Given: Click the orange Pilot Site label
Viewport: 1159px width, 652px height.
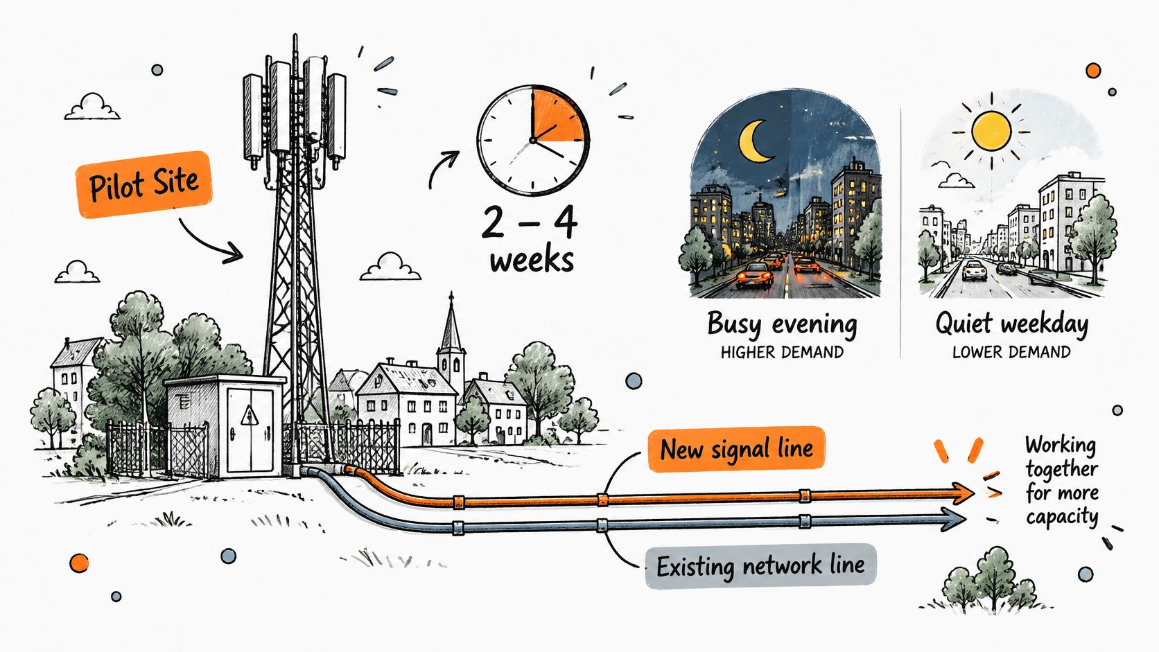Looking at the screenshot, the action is click(x=144, y=184).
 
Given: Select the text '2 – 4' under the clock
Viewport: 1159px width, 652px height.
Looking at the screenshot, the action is click(x=530, y=223).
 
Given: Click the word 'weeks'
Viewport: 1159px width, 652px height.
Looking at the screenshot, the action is click(x=532, y=260).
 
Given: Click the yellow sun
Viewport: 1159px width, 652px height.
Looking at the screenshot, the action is click(x=991, y=131).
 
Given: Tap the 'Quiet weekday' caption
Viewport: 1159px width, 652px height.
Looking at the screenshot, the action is click(x=1011, y=324).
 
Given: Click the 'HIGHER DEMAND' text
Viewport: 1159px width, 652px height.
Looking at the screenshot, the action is click(x=782, y=353).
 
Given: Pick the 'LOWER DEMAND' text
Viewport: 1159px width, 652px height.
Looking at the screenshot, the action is click(x=1011, y=353).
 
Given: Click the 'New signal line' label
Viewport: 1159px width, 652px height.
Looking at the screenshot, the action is click(x=736, y=449).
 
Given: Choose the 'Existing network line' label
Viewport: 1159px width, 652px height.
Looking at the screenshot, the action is click(x=760, y=565).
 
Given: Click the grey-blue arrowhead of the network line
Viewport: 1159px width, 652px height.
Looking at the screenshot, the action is click(x=954, y=518).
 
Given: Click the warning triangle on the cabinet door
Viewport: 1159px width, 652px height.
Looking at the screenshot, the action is click(x=250, y=415).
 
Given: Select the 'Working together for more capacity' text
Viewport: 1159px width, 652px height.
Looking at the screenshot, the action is click(x=1062, y=481).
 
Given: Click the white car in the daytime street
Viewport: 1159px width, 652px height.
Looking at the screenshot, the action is click(x=974, y=270).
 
